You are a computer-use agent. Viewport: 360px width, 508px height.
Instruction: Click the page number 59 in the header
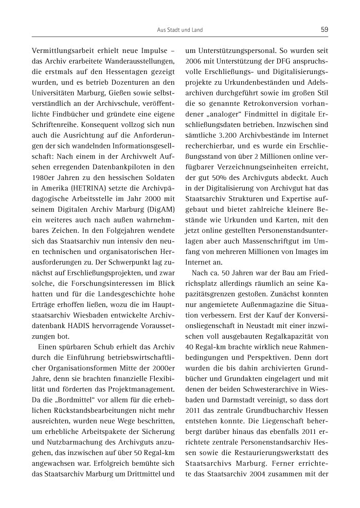[324, 30]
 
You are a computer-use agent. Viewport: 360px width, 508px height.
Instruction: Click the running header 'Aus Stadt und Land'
[179, 30]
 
